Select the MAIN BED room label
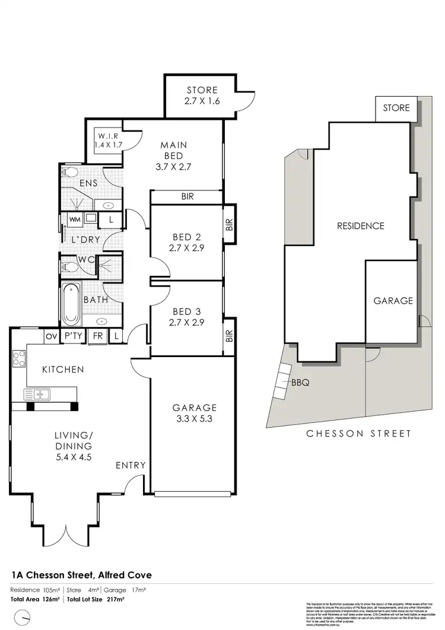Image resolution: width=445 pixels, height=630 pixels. [174, 155]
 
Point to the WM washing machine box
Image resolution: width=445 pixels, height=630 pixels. [75, 219]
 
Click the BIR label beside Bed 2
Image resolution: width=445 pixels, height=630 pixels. [229, 225]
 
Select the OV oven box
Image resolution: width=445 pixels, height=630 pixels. [50, 336]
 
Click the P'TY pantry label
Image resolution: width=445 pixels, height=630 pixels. [73, 336]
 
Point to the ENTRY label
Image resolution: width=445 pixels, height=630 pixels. [131, 465]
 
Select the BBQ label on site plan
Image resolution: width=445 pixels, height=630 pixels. [300, 383]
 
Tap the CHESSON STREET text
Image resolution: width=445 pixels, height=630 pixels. [358, 434]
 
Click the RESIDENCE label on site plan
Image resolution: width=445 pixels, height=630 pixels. [360, 225]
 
